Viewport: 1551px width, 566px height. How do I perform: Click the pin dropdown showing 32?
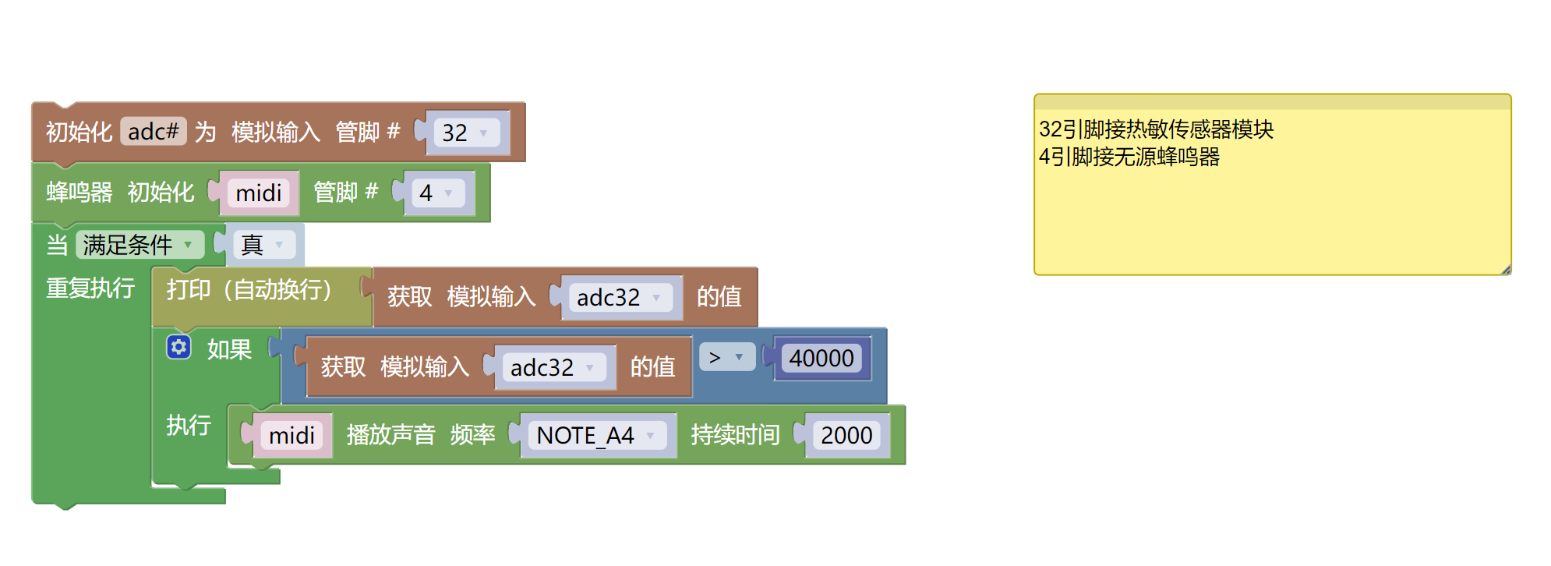(465, 133)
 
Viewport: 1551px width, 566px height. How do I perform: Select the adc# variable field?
(153, 132)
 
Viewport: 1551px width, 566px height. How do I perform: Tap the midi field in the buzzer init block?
(258, 193)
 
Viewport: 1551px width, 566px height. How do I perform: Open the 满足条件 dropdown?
(139, 245)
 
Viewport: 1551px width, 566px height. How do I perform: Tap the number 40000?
(821, 358)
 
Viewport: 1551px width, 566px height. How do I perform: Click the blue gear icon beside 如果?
(178, 347)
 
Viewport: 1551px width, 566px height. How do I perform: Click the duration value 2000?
(846, 435)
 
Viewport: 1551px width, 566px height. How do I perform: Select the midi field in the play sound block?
(291, 435)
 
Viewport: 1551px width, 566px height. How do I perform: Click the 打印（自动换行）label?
(249, 290)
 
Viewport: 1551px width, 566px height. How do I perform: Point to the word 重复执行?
(90, 288)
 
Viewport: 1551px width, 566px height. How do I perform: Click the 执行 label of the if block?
(189, 425)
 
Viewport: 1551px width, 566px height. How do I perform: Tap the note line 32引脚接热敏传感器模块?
(1156, 129)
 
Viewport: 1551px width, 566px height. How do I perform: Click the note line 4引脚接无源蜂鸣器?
(1129, 157)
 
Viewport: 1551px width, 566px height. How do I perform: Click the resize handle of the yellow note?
(1506, 270)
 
